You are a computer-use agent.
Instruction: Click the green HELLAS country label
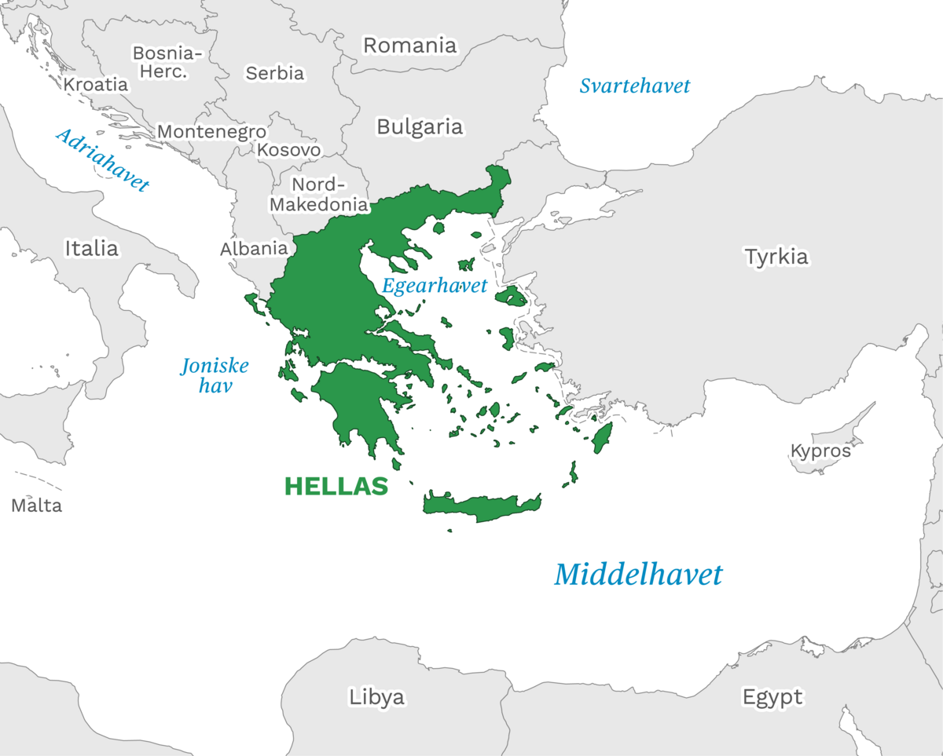[x=336, y=486]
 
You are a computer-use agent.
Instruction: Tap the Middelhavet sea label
[x=637, y=575]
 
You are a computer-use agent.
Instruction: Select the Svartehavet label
[x=634, y=86]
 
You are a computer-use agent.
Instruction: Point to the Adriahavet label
[x=102, y=160]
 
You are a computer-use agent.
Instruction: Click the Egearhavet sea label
[x=435, y=286]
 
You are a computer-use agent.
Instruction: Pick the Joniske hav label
[x=215, y=375]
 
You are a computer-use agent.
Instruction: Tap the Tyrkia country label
[x=776, y=257]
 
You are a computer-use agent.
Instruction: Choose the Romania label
[x=409, y=46]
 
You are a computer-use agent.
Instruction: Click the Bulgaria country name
[x=420, y=126]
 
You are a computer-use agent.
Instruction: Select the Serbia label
[x=274, y=73]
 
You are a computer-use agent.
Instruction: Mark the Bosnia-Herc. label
[x=167, y=62]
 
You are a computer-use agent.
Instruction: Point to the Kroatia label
[x=95, y=84]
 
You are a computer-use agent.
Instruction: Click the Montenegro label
[x=211, y=131]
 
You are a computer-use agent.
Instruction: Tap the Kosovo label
[x=289, y=149]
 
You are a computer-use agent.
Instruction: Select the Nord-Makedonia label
[x=319, y=195]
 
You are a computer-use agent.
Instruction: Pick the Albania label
[x=253, y=248]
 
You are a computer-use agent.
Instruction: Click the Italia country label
[x=91, y=249]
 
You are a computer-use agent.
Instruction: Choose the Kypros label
[x=820, y=451]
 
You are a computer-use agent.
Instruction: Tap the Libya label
[x=376, y=696]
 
